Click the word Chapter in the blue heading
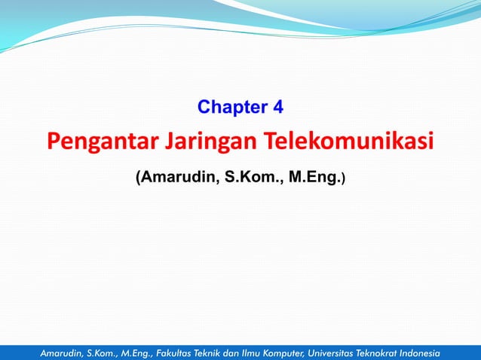click(x=231, y=107)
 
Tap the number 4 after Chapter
click(x=277, y=107)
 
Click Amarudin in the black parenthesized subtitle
click(x=177, y=178)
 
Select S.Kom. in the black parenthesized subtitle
click(x=253, y=178)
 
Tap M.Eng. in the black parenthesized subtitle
click(x=313, y=178)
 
